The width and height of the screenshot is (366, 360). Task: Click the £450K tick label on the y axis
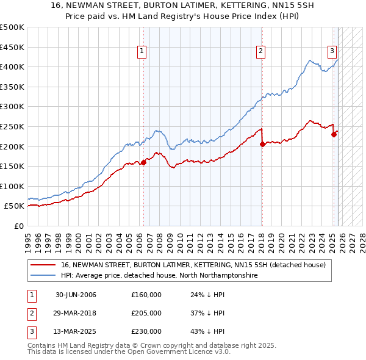tap(12, 47)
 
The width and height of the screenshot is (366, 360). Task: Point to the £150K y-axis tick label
tap(12, 166)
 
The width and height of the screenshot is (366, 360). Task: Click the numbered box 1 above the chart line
tap(142, 51)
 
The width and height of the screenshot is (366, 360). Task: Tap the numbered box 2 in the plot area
tap(260, 51)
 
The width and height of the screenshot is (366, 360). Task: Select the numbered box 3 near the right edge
tap(333, 51)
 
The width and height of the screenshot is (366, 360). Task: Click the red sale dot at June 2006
tap(144, 162)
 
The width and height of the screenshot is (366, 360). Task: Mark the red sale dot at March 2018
tap(262, 145)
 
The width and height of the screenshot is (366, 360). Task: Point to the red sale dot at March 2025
tap(334, 135)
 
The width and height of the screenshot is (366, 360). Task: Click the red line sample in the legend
tap(43, 265)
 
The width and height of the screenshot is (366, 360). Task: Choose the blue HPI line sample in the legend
tap(43, 276)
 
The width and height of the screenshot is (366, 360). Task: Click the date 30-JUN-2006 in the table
tap(76, 295)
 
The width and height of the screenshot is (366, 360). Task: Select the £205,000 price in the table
tap(146, 313)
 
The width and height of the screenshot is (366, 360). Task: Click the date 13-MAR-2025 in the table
tap(76, 331)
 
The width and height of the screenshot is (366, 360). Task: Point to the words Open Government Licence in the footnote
tap(182, 352)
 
